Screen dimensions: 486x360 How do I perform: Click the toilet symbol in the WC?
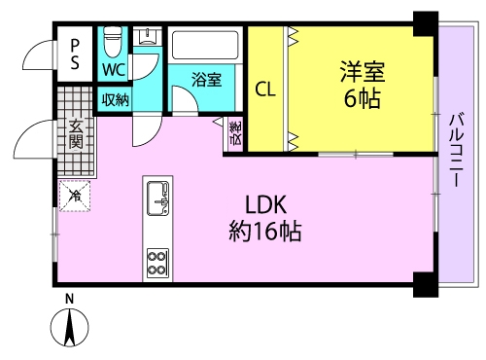(x=113, y=42)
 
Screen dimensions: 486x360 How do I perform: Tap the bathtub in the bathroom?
(x=205, y=45)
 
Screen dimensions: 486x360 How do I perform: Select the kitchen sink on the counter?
(x=157, y=198)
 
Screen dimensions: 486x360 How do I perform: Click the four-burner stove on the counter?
(x=157, y=263)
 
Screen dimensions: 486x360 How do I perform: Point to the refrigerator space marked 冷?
(x=75, y=196)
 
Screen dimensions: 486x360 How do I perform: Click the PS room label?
(x=75, y=54)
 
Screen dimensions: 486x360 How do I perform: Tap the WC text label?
(x=114, y=69)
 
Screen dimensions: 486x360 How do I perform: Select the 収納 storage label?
(x=116, y=100)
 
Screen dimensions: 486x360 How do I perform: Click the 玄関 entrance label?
(x=76, y=134)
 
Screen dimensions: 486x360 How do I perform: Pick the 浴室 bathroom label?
(x=207, y=79)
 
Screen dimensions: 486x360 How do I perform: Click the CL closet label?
(x=265, y=89)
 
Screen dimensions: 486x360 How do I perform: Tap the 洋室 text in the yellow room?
(x=363, y=71)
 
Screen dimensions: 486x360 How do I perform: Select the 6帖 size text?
(x=362, y=98)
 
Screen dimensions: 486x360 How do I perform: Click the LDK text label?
(x=265, y=204)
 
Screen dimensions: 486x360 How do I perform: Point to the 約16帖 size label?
(x=265, y=231)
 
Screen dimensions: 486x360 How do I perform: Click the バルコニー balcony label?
(x=456, y=149)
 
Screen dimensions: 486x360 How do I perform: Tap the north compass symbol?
(x=69, y=327)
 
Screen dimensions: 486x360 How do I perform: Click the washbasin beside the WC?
(x=148, y=35)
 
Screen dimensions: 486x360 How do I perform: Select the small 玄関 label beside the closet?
(x=235, y=133)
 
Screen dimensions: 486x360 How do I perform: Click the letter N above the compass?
(x=69, y=299)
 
